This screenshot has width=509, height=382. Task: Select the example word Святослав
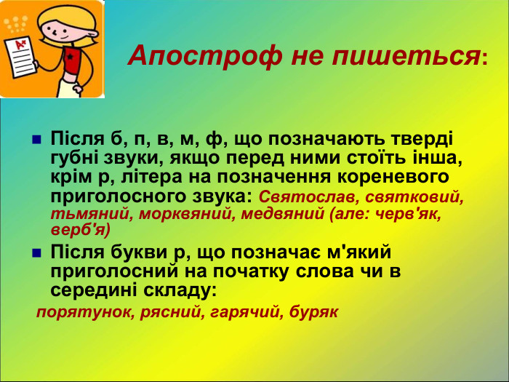[x=308, y=197]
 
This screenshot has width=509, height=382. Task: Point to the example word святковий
[x=415, y=197]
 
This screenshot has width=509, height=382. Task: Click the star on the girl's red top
[x=71, y=55]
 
